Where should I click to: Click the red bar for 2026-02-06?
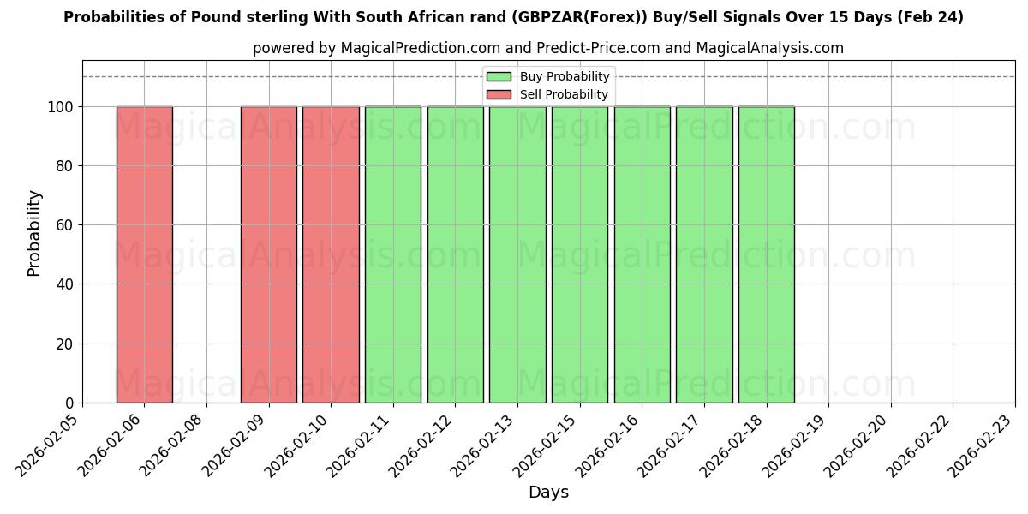[144, 254]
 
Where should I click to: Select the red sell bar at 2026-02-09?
[268, 254]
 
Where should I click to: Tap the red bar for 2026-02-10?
[331, 254]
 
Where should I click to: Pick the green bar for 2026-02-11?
[393, 254]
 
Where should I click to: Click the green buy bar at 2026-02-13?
[517, 254]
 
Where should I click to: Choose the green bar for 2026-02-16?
[642, 254]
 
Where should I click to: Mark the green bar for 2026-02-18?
[766, 254]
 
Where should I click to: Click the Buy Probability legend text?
[564, 77]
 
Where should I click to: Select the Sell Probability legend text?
[564, 94]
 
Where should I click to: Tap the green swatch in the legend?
[499, 77]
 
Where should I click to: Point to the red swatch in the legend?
[499, 94]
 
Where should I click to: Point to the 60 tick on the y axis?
[64, 225]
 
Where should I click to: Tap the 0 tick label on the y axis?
[69, 403]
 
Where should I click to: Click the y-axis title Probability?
[34, 232]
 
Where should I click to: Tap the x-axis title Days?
[548, 493]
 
